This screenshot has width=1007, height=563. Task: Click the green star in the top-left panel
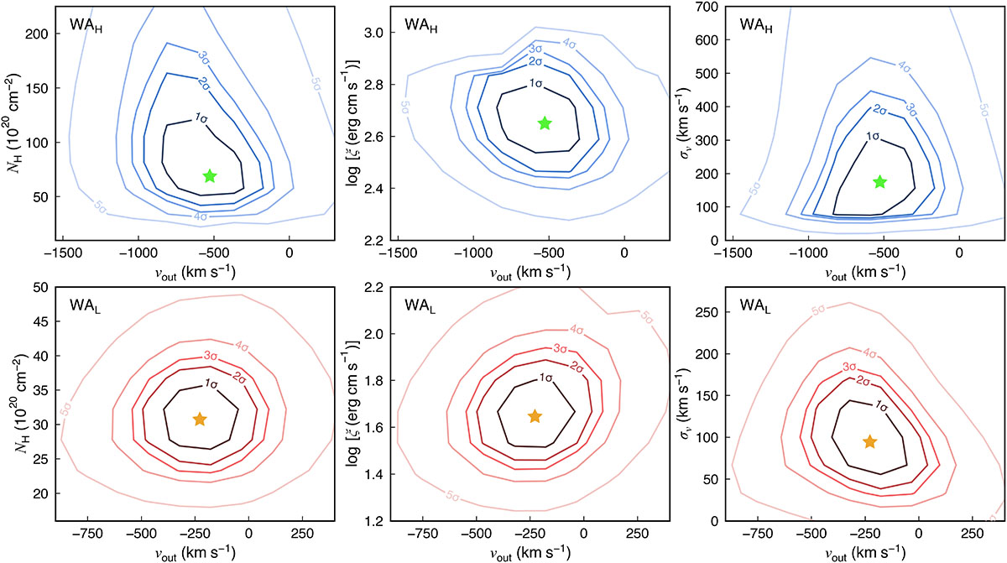point(210,175)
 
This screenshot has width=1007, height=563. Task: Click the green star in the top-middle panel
point(545,123)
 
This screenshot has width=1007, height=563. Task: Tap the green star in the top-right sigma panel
point(879,181)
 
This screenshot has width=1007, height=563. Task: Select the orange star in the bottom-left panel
point(200,419)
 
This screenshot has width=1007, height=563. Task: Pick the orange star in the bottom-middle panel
point(535,416)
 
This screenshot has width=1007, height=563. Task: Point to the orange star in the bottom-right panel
point(869,440)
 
